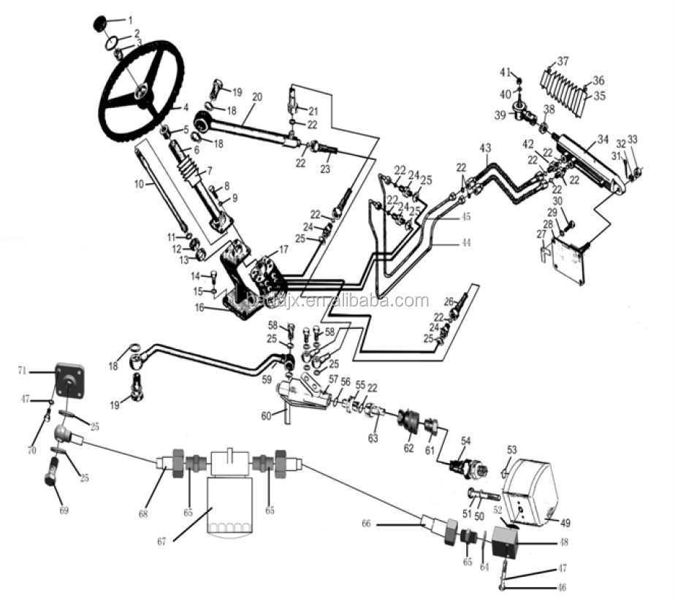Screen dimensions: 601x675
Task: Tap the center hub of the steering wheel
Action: point(140,91)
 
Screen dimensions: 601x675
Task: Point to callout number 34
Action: point(603,139)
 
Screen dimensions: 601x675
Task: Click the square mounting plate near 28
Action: point(571,257)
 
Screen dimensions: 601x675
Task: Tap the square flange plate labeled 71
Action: point(70,380)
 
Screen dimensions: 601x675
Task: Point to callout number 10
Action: point(138,185)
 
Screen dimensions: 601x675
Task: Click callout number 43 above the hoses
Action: point(485,148)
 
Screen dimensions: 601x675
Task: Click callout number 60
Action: point(267,416)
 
